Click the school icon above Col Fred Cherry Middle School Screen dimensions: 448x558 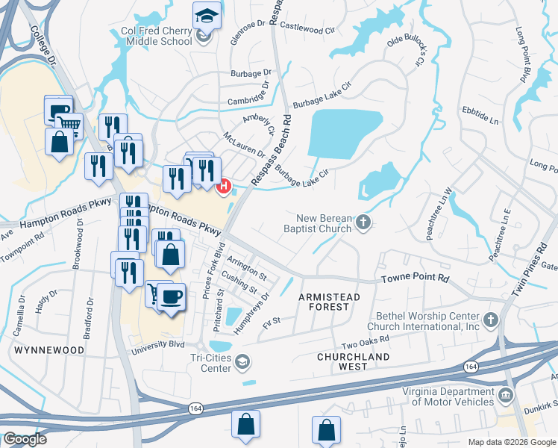coord(207,15)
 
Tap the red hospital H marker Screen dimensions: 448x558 coord(223,186)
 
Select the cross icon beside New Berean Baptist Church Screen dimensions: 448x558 coord(363,222)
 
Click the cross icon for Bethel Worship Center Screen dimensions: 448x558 coord(490,320)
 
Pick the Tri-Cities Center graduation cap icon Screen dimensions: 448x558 coord(242,363)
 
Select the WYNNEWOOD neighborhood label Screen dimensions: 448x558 coord(44,349)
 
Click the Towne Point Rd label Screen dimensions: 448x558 coord(416,278)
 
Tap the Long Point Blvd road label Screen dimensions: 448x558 coord(523,56)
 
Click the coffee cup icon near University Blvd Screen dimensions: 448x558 coord(172,297)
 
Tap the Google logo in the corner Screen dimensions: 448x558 coord(25,439)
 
